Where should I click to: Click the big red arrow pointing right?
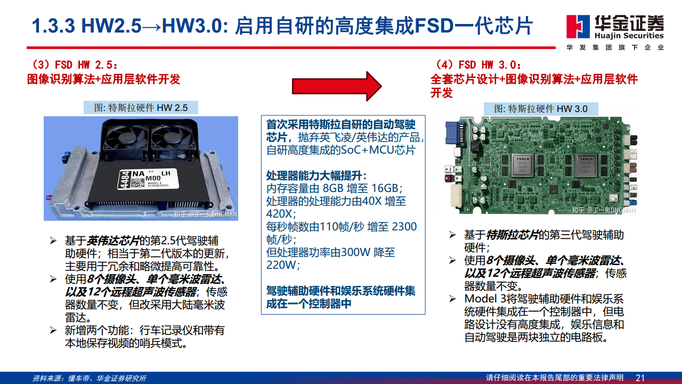(337, 85)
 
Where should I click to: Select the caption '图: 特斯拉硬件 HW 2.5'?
(141, 107)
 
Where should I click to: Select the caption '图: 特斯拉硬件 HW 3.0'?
(540, 108)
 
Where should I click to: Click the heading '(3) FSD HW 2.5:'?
(74, 65)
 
